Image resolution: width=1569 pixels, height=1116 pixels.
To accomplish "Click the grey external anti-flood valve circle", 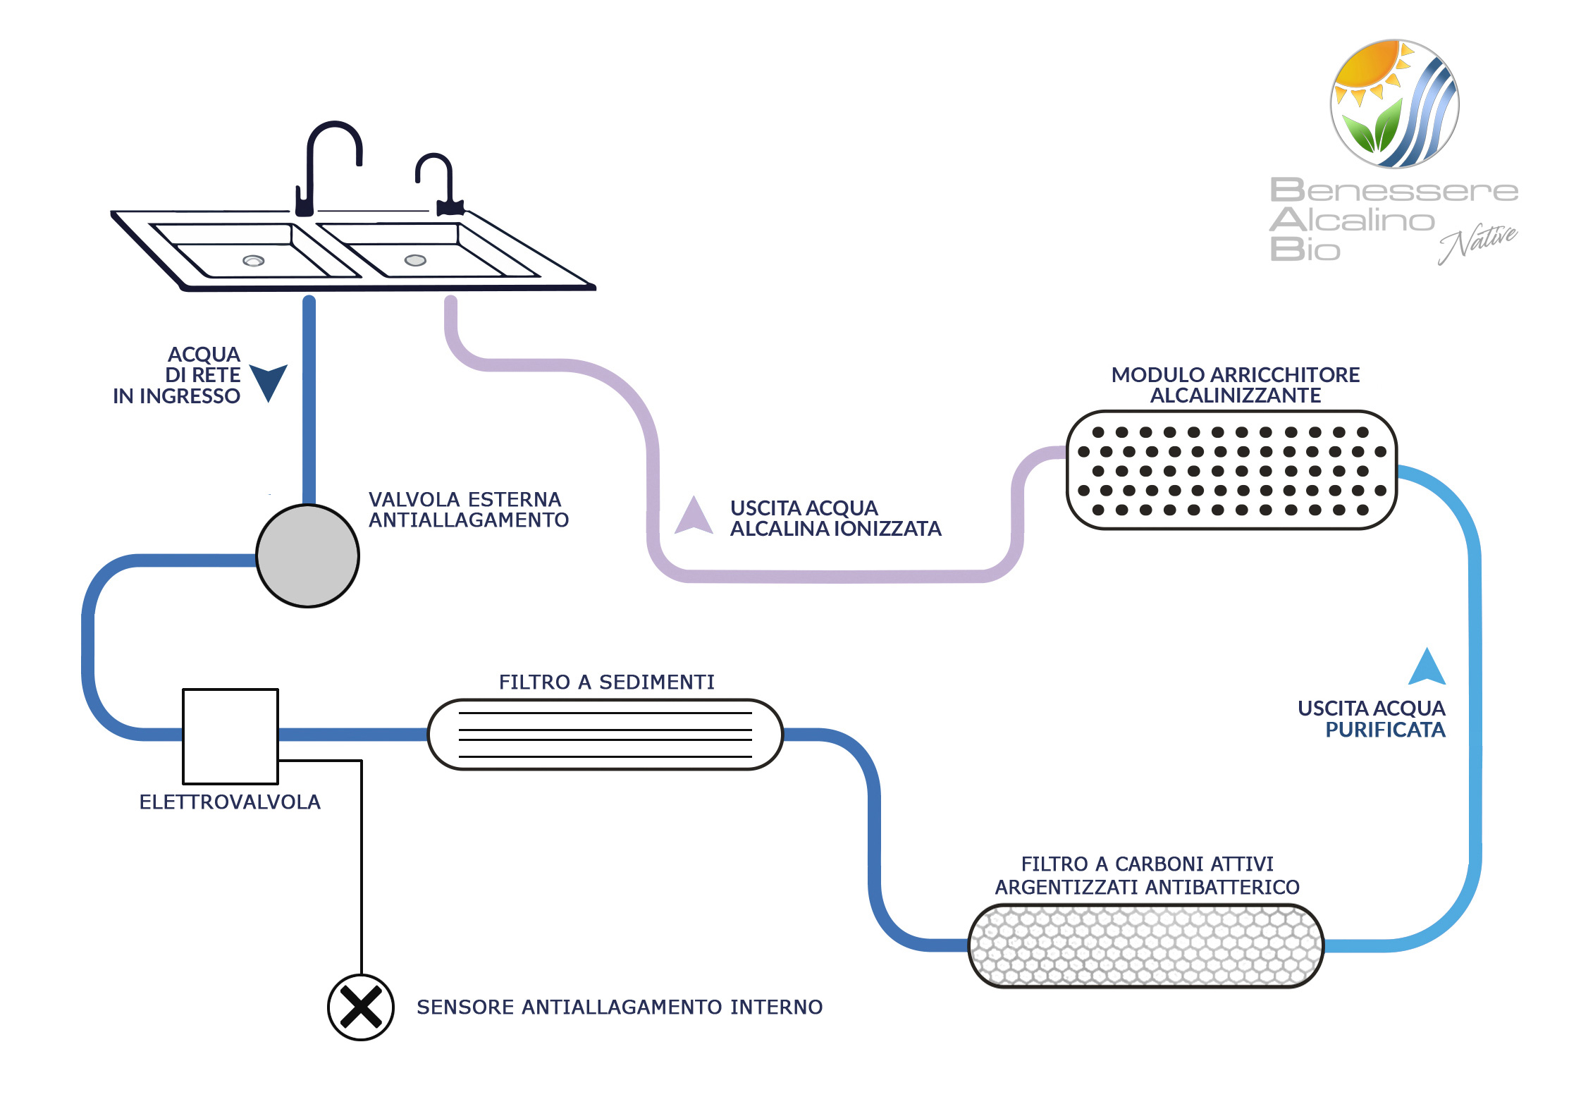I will click(307, 556).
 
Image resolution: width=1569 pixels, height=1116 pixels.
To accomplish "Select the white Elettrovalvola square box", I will click(230, 736).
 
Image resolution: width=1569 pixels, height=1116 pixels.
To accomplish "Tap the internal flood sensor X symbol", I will click(360, 1007).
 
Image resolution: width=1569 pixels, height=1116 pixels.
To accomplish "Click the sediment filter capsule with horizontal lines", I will click(605, 734).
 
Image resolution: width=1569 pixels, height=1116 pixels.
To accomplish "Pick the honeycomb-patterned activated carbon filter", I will click(1145, 945).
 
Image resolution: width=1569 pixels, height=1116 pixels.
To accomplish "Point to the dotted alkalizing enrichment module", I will click(1231, 470).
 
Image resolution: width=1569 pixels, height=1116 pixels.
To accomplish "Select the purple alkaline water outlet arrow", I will click(694, 516).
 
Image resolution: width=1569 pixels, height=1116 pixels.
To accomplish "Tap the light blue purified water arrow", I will click(1427, 668).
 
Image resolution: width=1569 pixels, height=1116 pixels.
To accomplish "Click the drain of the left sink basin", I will click(253, 261).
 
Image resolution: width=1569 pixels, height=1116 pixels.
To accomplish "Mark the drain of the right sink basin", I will click(415, 260).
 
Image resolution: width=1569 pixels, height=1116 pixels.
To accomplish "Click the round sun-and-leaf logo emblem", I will click(1394, 104).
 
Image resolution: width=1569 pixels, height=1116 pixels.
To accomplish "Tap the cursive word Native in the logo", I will click(1477, 243).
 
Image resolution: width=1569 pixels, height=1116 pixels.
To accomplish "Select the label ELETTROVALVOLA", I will click(230, 802).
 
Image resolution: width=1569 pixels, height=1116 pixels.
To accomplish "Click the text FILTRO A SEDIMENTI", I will click(606, 682).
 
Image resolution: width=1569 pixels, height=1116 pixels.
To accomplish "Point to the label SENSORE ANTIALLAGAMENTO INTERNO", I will click(619, 1007).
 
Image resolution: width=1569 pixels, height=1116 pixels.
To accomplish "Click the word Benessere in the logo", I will click(1393, 190).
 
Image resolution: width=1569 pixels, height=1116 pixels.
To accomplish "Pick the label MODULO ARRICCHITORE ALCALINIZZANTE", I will click(1235, 385).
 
